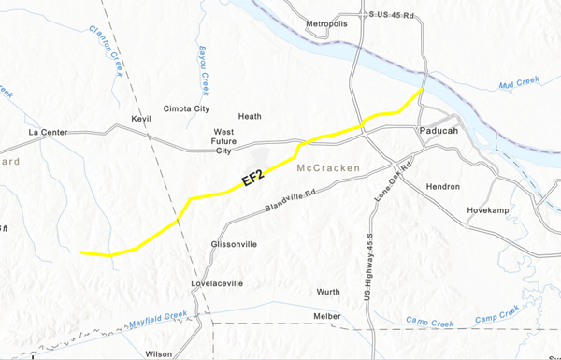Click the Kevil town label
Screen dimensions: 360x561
pos(141,120)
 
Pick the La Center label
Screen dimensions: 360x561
pos(49,132)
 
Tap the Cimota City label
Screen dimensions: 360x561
pos(186,108)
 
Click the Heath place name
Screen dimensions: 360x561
pos(250,117)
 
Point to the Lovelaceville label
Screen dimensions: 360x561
pos(217,282)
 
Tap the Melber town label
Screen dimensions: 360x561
pos(327,316)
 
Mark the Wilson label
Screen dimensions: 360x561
pos(159,354)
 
